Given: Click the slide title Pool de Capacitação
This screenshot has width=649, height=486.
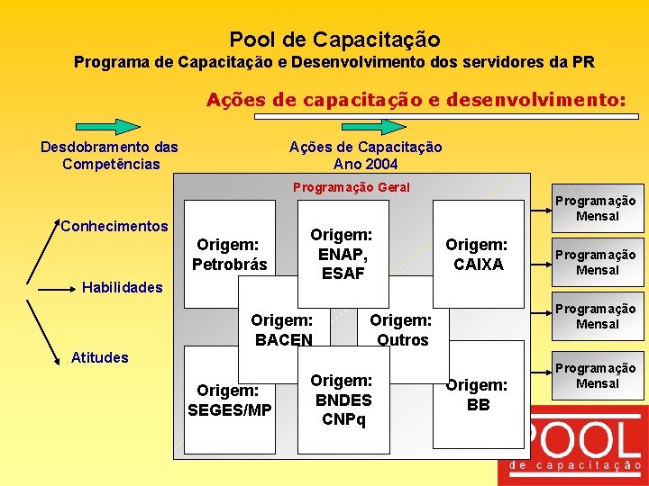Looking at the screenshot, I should [334, 40].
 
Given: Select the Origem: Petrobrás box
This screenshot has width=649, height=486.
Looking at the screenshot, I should [230, 254].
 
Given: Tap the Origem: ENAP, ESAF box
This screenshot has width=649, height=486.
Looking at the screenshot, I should [342, 253].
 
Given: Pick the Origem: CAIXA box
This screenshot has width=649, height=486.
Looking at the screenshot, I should [478, 254].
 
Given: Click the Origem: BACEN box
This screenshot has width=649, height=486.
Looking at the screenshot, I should [282, 329].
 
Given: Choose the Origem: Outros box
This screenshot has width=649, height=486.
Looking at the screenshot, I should [402, 329].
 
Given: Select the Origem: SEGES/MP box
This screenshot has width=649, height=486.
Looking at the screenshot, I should [230, 400].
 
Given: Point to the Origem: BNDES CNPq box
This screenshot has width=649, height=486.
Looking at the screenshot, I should [342, 400].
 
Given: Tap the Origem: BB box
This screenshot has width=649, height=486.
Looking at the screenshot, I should [478, 394].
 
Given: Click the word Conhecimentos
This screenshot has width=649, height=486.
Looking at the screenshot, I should [114, 226].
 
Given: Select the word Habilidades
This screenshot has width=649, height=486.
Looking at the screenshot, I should [123, 288].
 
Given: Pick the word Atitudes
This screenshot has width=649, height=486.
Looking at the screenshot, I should [99, 357].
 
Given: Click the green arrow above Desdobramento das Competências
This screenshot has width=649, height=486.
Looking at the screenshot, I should [108, 126].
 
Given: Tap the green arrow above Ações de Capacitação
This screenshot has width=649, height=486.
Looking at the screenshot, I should [365, 126].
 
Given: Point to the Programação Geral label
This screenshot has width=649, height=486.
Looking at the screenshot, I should [352, 187].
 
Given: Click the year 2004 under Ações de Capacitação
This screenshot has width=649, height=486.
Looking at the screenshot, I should [379, 164].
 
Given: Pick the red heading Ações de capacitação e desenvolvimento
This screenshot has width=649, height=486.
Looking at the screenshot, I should [416, 100].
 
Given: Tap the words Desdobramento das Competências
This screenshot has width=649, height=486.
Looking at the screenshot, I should [110, 155].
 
